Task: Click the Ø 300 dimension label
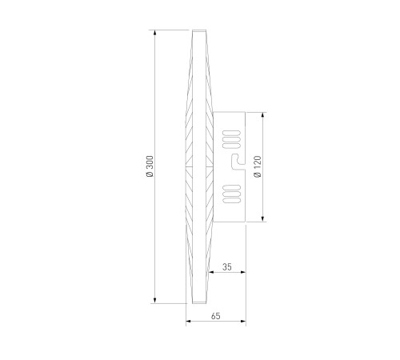[x=150, y=166]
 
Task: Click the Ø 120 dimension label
[x=258, y=167]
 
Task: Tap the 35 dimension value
[x=227, y=266]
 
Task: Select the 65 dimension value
[x=216, y=316]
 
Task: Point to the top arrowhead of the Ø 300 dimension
[x=154, y=33]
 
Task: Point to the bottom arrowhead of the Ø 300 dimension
[x=154, y=301]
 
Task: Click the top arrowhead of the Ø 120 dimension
[x=263, y=115]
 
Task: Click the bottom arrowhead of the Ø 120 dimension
[x=263, y=218]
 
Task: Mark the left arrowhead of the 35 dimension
[x=211, y=272]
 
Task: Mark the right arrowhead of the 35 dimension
[x=242, y=272]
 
